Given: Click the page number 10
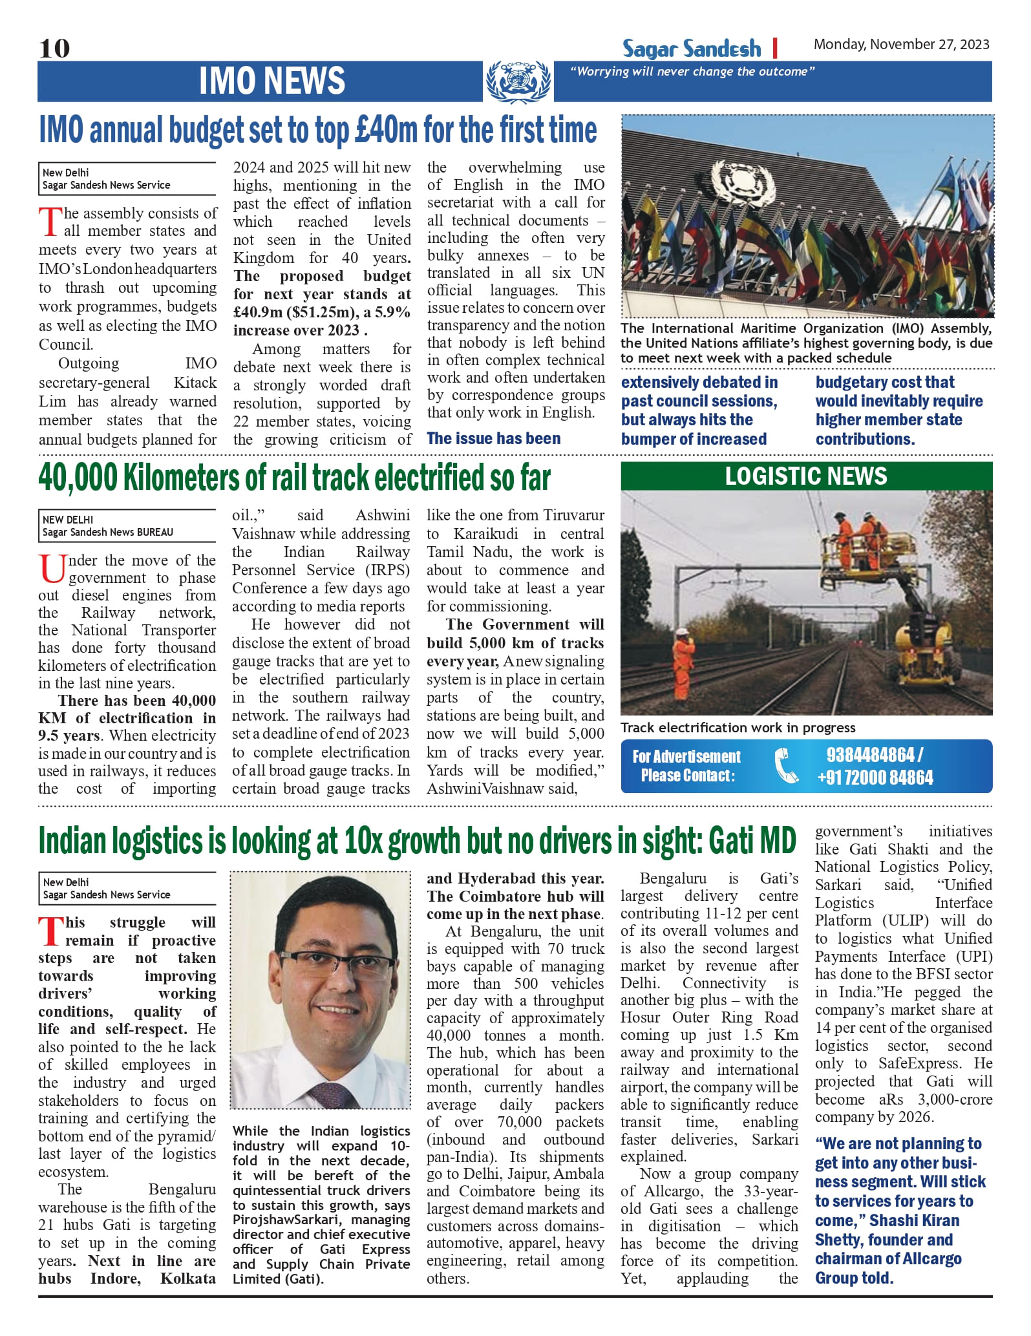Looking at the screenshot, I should [x=54, y=48].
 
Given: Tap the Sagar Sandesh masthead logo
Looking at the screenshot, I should [x=692, y=49].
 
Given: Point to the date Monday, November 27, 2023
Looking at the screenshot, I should [x=901, y=45].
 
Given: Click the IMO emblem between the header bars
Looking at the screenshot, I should [x=518, y=81].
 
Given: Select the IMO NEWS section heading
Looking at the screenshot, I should [x=271, y=81].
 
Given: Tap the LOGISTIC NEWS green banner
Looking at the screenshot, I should [x=806, y=476].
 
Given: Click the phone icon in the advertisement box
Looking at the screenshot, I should [x=786, y=765].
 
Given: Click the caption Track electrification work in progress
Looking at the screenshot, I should [x=738, y=728].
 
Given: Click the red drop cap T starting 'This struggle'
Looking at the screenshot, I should [x=50, y=931].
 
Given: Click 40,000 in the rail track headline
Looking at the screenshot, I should [x=78, y=478].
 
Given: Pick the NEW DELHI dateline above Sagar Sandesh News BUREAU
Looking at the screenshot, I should [x=68, y=520].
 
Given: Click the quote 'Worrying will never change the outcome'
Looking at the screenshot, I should [x=692, y=72].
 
